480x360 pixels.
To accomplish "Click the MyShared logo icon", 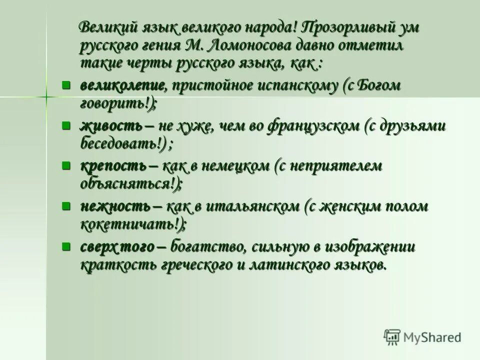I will tap(391, 337).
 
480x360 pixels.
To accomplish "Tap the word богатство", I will tap(207, 247).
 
